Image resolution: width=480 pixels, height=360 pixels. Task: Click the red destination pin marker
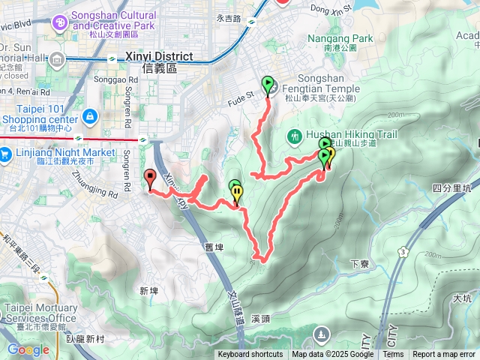coord(149,178)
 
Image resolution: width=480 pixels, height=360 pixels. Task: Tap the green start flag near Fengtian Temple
coord(268,83)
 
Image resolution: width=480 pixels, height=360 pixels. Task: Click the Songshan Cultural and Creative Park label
coord(116,20)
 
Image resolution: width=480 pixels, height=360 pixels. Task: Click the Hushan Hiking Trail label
coord(339,136)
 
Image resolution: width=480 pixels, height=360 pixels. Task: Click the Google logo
coord(28,349)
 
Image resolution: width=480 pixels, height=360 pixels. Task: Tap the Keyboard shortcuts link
coord(250,355)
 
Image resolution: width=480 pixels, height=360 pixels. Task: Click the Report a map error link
coord(444,355)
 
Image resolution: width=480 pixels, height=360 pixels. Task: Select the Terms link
coord(393,355)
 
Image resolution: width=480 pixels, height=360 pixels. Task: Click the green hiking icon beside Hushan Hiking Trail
coord(295,136)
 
